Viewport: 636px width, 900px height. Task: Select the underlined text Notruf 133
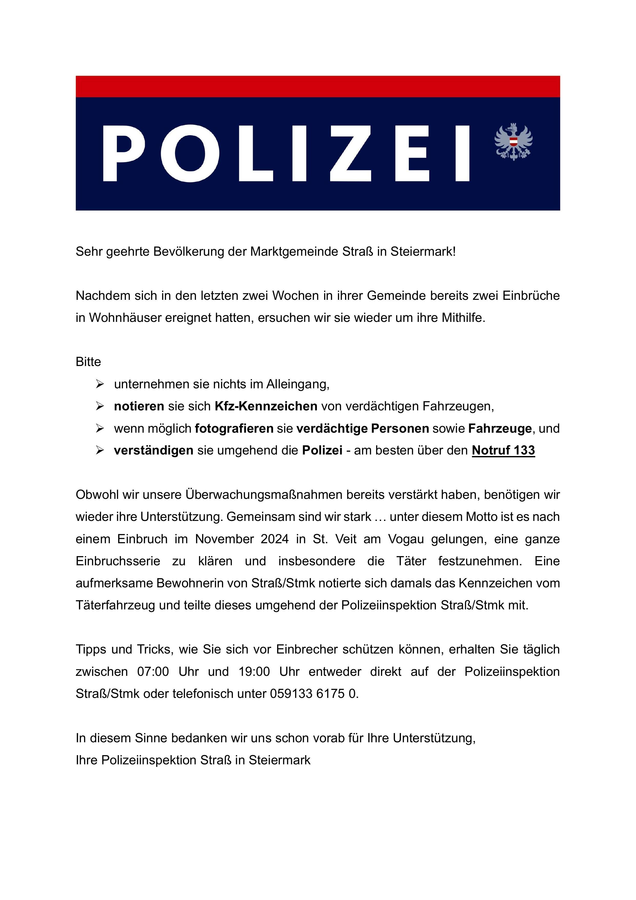tap(503, 450)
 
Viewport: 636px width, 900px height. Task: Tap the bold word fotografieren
tap(234, 428)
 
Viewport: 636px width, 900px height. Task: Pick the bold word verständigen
tap(154, 450)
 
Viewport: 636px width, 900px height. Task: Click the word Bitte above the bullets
tap(88, 362)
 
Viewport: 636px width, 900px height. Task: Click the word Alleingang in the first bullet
tap(298, 384)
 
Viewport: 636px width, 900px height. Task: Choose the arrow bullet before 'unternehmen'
tap(99, 384)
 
